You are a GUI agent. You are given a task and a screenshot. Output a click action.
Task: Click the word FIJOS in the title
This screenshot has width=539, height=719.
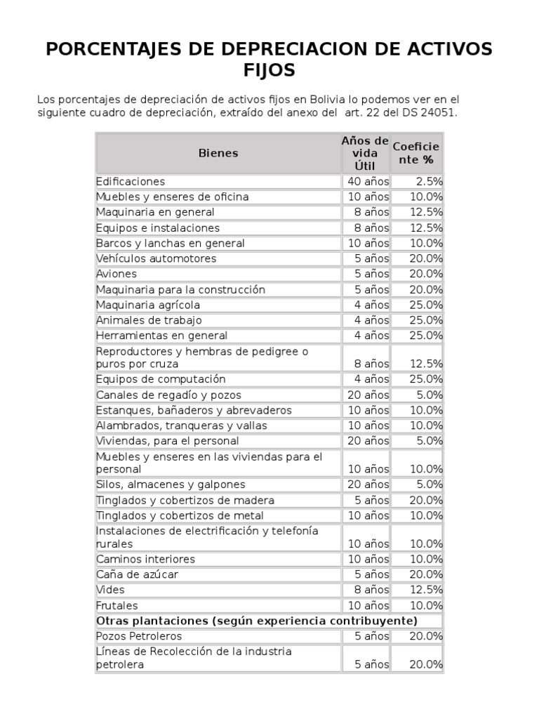coord(269,71)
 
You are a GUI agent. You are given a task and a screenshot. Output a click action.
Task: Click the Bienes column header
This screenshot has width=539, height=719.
coord(218,153)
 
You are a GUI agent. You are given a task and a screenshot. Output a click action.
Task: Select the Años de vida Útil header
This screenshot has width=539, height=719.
coord(365,153)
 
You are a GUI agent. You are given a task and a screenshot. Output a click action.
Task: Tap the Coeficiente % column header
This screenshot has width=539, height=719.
coord(416,153)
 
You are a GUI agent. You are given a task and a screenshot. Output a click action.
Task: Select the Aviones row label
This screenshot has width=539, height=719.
coord(117,274)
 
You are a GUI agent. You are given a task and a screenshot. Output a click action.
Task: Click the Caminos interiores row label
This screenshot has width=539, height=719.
coord(145,559)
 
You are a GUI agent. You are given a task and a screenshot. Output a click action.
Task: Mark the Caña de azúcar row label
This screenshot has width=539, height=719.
coord(137,574)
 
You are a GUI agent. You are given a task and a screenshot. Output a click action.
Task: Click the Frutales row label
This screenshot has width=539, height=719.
coord(117,605)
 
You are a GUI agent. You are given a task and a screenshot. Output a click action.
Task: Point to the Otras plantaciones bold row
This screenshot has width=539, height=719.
coord(257,621)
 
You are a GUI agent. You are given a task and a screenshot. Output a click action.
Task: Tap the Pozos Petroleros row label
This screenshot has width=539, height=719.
coord(139,636)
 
